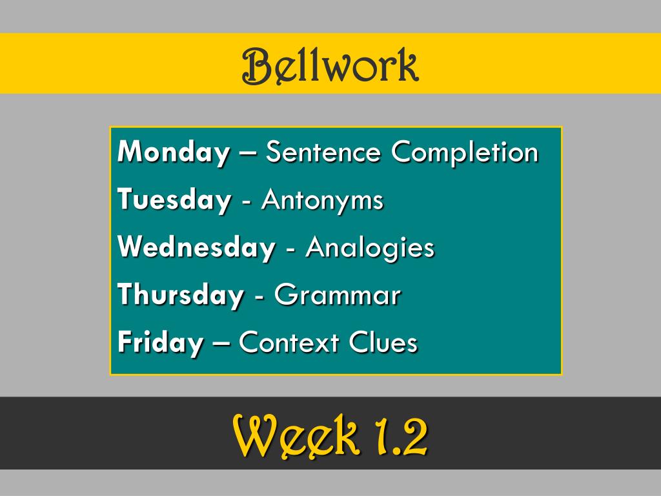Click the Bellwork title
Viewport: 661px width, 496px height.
click(x=330, y=65)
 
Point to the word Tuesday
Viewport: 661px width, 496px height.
click(x=174, y=200)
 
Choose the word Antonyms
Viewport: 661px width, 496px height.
click(x=322, y=200)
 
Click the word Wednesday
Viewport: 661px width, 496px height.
click(x=196, y=247)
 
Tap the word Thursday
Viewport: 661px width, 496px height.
click(x=181, y=296)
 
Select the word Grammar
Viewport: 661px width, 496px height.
click(x=338, y=296)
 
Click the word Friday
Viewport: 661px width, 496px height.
click(x=159, y=343)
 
